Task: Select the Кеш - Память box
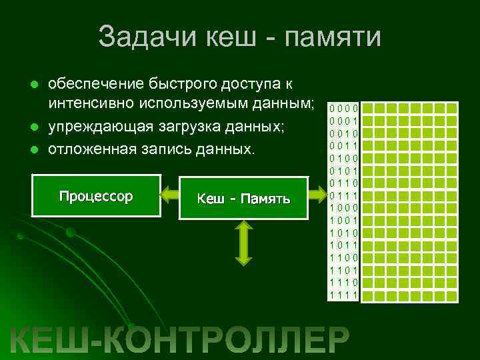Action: pyautogui.click(x=243, y=198)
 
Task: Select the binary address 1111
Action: pyautogui.click(x=344, y=295)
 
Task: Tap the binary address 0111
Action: pyautogui.click(x=344, y=195)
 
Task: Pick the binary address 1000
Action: pyautogui.click(x=344, y=207)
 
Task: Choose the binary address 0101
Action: pyautogui.click(x=344, y=171)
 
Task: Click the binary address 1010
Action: pyautogui.click(x=344, y=233)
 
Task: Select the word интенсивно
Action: pyautogui.click(x=92, y=104)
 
